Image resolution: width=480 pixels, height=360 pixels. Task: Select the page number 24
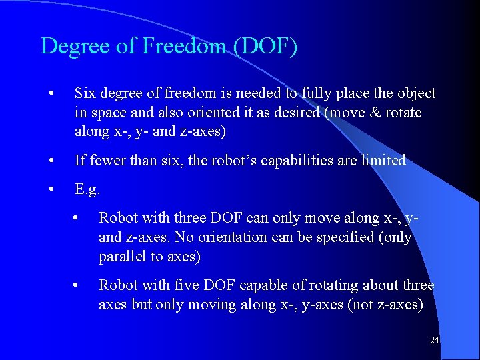[x=434, y=341]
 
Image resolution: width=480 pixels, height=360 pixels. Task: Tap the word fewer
[x=107, y=161]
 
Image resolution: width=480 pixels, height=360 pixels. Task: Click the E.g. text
[x=87, y=190]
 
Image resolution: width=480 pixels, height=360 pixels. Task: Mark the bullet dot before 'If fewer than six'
[x=52, y=161]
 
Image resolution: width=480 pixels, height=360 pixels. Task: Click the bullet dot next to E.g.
[x=52, y=190]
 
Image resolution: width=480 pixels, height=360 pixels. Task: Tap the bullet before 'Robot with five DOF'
[x=77, y=285]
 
